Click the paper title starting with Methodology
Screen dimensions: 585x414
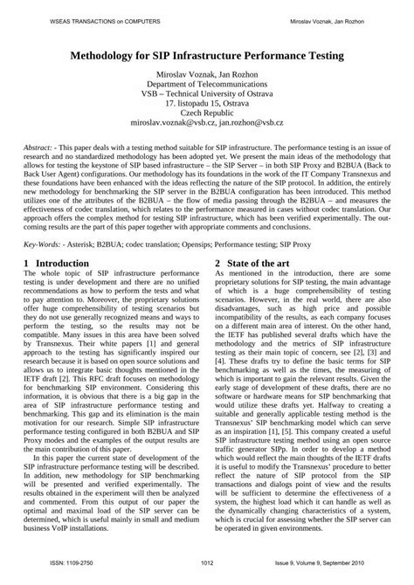207,55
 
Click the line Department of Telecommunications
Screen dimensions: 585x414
207,86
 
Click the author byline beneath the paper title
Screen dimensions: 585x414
207,74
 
